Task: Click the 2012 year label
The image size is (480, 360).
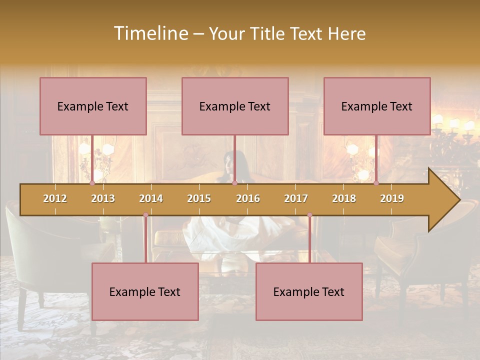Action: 55,198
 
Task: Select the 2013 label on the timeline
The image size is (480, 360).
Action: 103,198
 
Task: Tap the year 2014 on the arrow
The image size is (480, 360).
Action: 151,198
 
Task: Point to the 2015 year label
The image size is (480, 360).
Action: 199,198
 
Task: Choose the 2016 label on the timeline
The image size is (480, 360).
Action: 248,198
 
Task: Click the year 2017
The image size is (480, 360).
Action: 296,198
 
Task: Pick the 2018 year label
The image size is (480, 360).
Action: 344,198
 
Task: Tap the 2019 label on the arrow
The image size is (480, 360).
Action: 392,198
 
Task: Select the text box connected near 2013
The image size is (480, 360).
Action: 93,106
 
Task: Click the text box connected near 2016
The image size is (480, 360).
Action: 235,106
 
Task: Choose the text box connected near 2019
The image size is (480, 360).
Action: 377,106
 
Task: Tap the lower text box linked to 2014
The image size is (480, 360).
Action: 145,291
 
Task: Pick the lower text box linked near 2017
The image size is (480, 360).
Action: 309,291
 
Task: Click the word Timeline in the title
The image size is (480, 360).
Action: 150,33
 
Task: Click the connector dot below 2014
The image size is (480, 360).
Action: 145,215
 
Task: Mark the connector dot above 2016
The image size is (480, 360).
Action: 234,183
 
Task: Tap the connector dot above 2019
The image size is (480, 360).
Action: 376,183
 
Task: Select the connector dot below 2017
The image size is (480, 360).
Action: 309,215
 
